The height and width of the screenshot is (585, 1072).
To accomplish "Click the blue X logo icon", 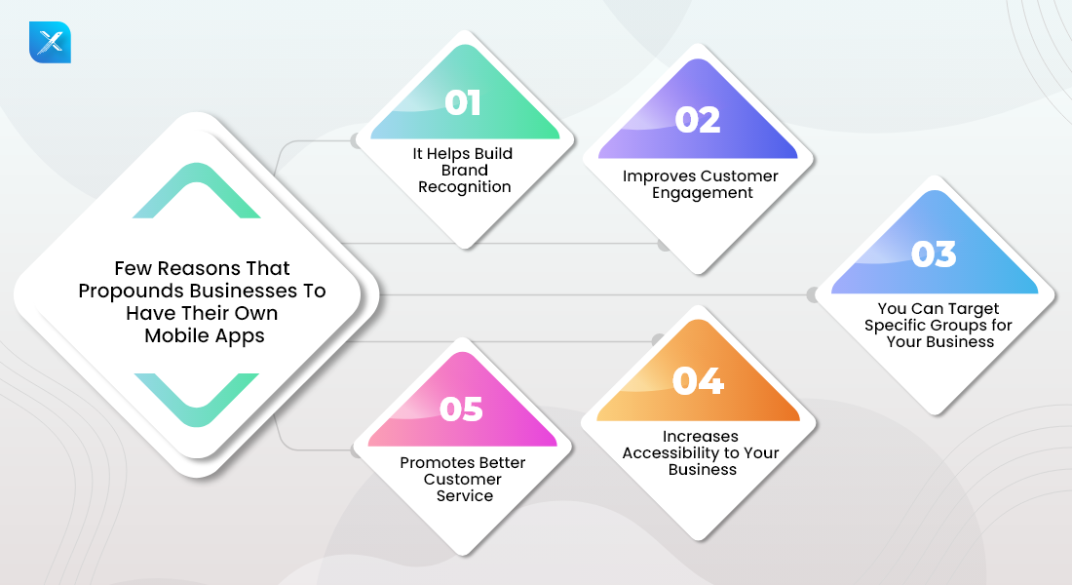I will [50, 42].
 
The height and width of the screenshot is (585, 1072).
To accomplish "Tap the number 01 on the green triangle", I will [463, 103].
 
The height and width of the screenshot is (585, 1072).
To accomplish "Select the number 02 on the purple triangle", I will [698, 120].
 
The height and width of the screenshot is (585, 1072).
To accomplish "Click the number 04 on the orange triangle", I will [698, 381].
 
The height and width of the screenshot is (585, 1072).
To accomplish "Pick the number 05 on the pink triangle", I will [462, 409].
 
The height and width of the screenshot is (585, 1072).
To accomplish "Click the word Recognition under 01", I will [465, 187].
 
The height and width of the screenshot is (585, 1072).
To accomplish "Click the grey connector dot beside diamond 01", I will [356, 140].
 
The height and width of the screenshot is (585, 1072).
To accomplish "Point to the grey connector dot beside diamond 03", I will [811, 293].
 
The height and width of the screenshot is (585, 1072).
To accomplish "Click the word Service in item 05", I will [465, 496].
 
